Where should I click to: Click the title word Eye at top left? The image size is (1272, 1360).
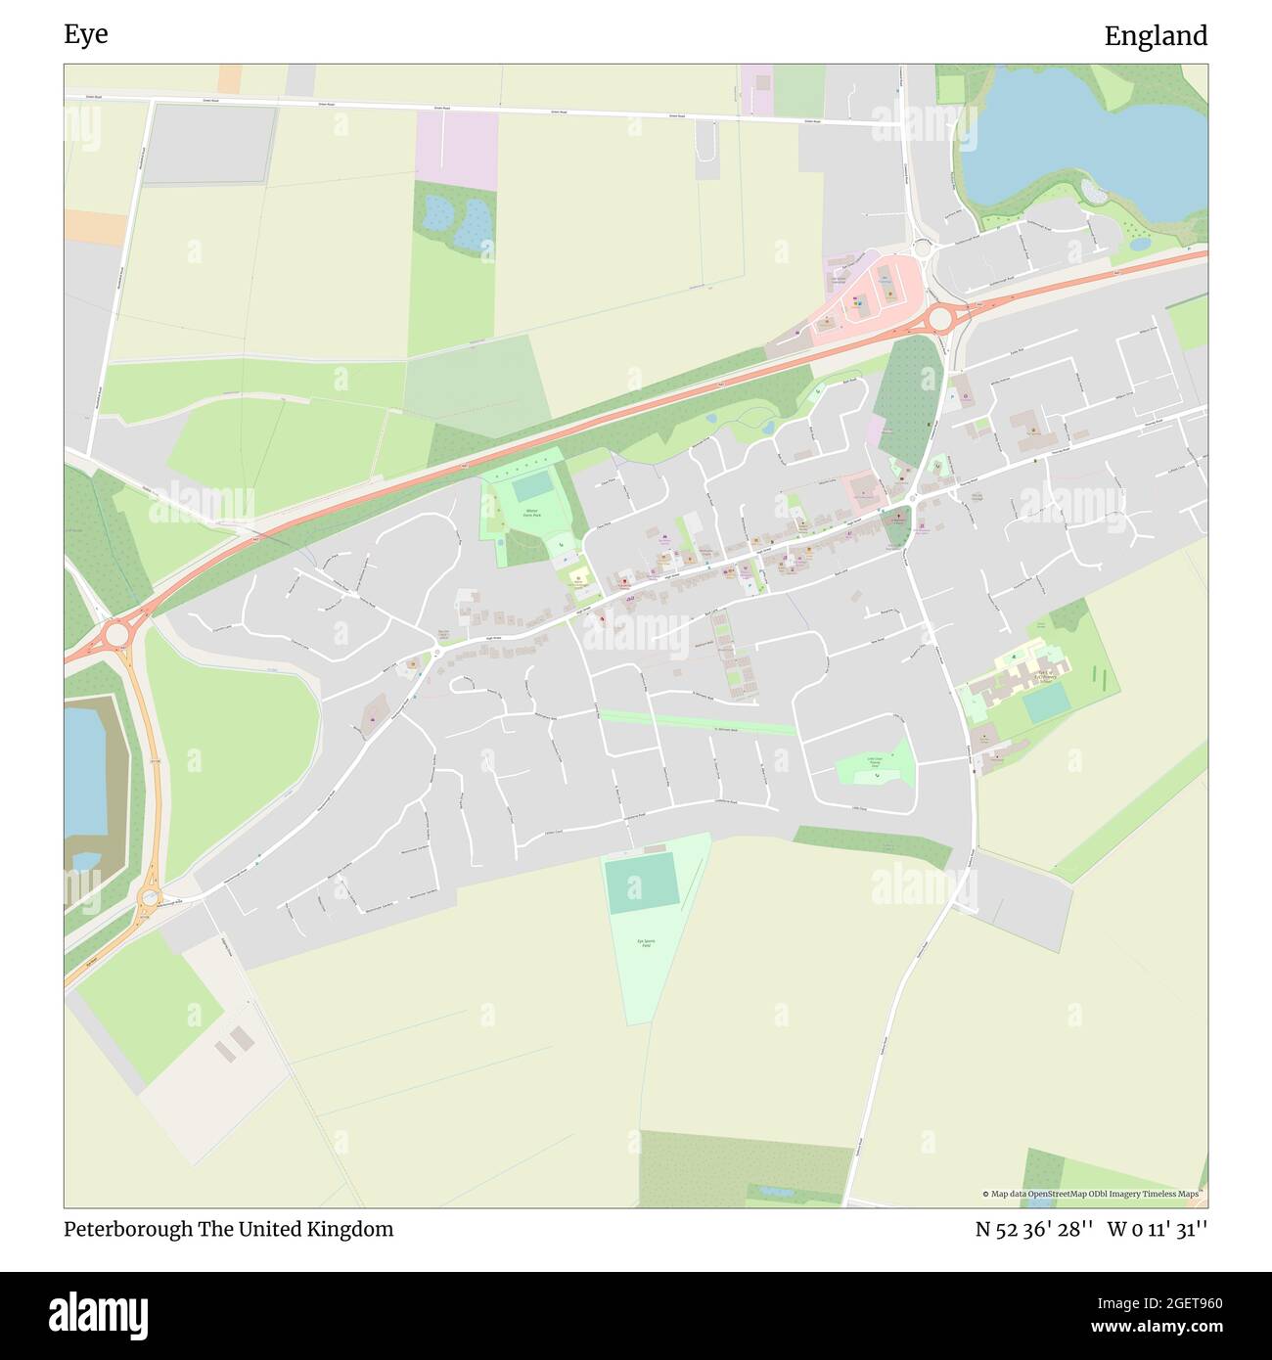(86, 34)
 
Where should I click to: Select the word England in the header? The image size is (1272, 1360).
(1156, 36)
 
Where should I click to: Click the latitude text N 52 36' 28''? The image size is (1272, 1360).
(1033, 1229)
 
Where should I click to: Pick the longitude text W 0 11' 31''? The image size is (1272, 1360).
(1158, 1229)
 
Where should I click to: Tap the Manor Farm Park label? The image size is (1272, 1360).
(533, 513)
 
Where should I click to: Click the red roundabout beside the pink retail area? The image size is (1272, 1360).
(940, 318)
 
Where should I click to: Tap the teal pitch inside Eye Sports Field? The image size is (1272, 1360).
(642, 883)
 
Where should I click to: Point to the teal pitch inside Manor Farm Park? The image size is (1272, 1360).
(531, 485)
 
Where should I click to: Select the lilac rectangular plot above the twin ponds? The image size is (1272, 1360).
(457, 150)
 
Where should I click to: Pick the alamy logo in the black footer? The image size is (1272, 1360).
(98, 1313)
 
